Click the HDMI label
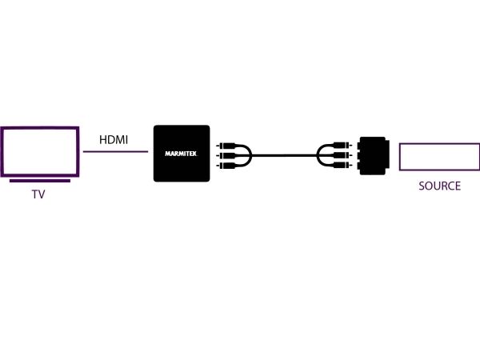(x=114, y=139)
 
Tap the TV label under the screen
(x=38, y=194)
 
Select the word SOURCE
(x=439, y=186)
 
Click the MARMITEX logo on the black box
(x=181, y=154)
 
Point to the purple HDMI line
(x=116, y=151)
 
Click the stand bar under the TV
(x=40, y=181)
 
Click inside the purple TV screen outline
(x=40, y=129)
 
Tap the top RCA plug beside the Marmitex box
(x=226, y=146)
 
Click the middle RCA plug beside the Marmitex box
(x=226, y=155)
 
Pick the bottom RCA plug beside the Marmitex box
(x=226, y=166)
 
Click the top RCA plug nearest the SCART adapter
(x=342, y=145)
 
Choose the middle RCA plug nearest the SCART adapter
(x=342, y=155)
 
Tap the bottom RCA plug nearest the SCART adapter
(x=342, y=166)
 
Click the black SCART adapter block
(x=374, y=155)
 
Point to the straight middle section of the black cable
(x=284, y=155)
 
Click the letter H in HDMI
(x=103, y=139)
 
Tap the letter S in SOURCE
(x=422, y=186)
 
